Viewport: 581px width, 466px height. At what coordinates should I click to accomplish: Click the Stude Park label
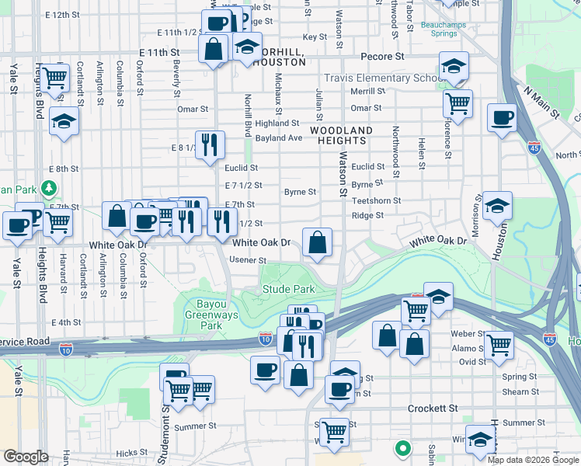point(287,290)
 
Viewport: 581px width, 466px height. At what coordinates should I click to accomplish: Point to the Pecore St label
point(384,57)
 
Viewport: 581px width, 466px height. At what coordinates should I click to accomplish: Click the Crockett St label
point(433,409)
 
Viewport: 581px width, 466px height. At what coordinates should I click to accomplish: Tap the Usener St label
point(248,261)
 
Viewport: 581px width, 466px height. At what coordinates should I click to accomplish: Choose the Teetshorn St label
point(376,200)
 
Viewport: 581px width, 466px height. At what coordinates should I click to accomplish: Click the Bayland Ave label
point(279,138)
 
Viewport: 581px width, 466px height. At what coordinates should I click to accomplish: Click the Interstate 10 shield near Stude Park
point(266,338)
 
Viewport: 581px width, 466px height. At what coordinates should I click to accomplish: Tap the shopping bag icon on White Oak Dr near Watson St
point(318,244)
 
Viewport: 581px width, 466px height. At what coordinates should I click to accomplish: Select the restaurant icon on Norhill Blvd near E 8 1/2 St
point(210,145)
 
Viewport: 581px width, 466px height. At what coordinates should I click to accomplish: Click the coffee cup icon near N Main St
point(502,119)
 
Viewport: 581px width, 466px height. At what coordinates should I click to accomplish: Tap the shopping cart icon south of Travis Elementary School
point(458,102)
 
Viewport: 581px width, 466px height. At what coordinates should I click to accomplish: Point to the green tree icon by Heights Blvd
point(49,188)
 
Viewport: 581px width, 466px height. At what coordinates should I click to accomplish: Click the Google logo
point(25,457)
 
